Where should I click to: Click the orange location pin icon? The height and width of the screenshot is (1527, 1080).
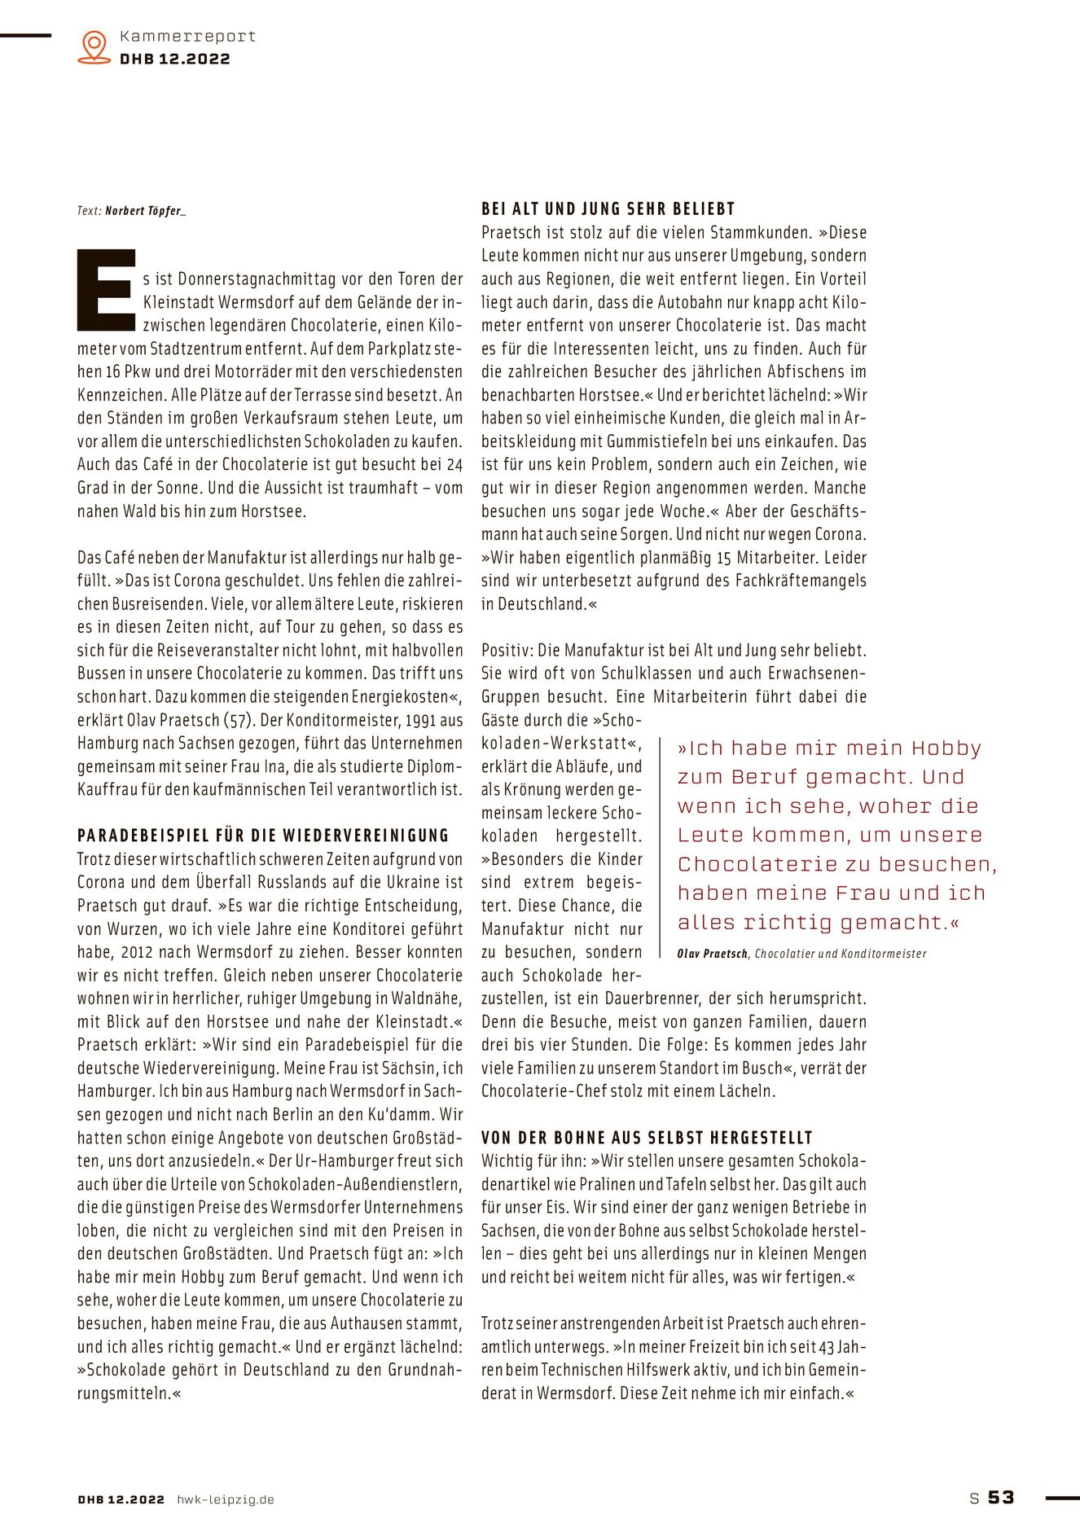[94, 46]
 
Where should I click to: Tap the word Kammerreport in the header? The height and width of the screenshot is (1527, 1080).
[187, 36]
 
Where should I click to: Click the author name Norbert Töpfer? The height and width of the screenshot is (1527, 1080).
[145, 211]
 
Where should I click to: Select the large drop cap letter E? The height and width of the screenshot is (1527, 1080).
[106, 290]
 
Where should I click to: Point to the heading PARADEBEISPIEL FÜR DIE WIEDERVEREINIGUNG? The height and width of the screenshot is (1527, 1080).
[263, 836]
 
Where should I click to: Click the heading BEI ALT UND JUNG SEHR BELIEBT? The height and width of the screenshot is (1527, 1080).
[608, 209]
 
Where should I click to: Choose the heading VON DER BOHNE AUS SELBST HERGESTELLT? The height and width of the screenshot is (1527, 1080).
[647, 1138]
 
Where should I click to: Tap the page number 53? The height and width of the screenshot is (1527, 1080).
[1001, 1497]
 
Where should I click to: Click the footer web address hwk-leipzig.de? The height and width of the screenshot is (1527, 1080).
[226, 1499]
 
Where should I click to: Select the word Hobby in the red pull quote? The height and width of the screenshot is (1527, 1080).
[946, 748]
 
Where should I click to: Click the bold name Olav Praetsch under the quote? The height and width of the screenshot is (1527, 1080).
[712, 954]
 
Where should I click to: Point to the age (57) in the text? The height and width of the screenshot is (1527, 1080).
[238, 720]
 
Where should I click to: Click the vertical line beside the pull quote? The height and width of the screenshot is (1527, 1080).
[660, 847]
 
